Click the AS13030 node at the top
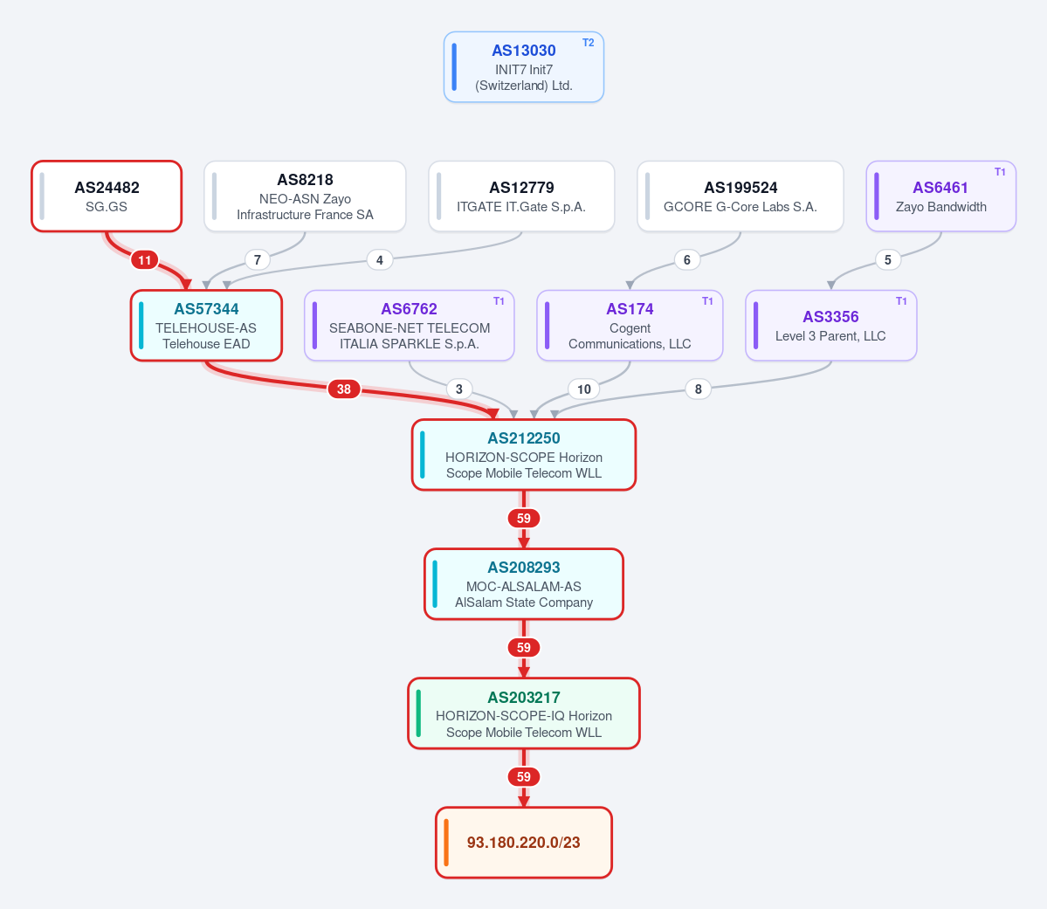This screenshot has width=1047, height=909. coord(524,66)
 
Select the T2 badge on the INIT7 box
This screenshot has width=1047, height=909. coord(588,43)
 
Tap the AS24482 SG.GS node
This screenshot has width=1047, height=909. coord(107,196)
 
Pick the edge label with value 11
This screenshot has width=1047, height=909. coord(144,260)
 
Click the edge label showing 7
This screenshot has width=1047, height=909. coord(257,260)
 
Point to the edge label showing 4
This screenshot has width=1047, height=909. coord(379,260)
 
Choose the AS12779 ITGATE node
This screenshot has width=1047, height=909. coord(521,196)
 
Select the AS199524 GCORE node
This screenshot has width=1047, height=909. coord(740,196)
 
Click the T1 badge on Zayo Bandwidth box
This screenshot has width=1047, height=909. coord(1000,172)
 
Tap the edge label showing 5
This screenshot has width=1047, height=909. coord(887,260)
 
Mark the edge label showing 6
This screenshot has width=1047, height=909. coord(686,260)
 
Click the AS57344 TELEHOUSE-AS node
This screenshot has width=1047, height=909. coord(206,325)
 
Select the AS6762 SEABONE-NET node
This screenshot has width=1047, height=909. coord(410,325)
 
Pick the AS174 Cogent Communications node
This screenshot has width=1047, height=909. coord(630,325)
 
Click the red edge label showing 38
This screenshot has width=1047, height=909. coord(344,389)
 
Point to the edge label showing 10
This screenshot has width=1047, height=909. coord(583,389)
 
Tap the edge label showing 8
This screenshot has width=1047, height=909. coord(698,389)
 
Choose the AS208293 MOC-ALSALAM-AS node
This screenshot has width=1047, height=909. coord(524,584)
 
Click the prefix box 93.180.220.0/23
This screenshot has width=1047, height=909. coord(524,843)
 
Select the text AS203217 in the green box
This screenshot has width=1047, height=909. coord(524,698)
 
